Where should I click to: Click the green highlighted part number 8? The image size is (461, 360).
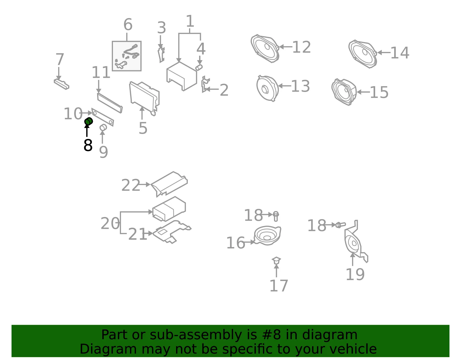click(x=88, y=121)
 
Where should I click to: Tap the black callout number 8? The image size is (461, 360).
click(x=88, y=145)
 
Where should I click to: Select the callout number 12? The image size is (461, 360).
click(x=301, y=47)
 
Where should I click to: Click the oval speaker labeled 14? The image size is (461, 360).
click(x=362, y=54)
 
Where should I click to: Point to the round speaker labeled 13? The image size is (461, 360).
click(x=267, y=88)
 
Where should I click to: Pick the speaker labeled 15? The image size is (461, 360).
click(x=344, y=92)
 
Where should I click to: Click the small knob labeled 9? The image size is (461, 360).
click(x=103, y=127)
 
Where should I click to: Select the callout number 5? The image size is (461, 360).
click(x=143, y=128)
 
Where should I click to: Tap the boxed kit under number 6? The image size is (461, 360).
click(x=127, y=56)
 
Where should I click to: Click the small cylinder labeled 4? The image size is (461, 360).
click(x=199, y=67)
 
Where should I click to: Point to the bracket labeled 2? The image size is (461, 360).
click(x=205, y=84)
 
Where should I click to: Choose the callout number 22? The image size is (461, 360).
click(x=131, y=185)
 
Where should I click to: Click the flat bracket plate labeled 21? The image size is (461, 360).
click(x=172, y=232)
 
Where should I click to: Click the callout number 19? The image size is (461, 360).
click(x=355, y=274)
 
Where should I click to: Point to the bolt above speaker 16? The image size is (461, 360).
click(x=275, y=216)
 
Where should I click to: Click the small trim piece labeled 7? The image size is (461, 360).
click(x=62, y=84)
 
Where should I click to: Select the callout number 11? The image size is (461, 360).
click(x=101, y=72)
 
